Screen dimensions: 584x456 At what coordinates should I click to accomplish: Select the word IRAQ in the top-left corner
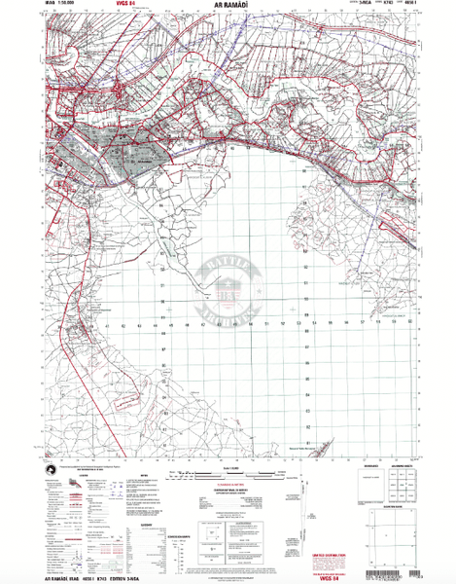(x=51, y=6)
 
